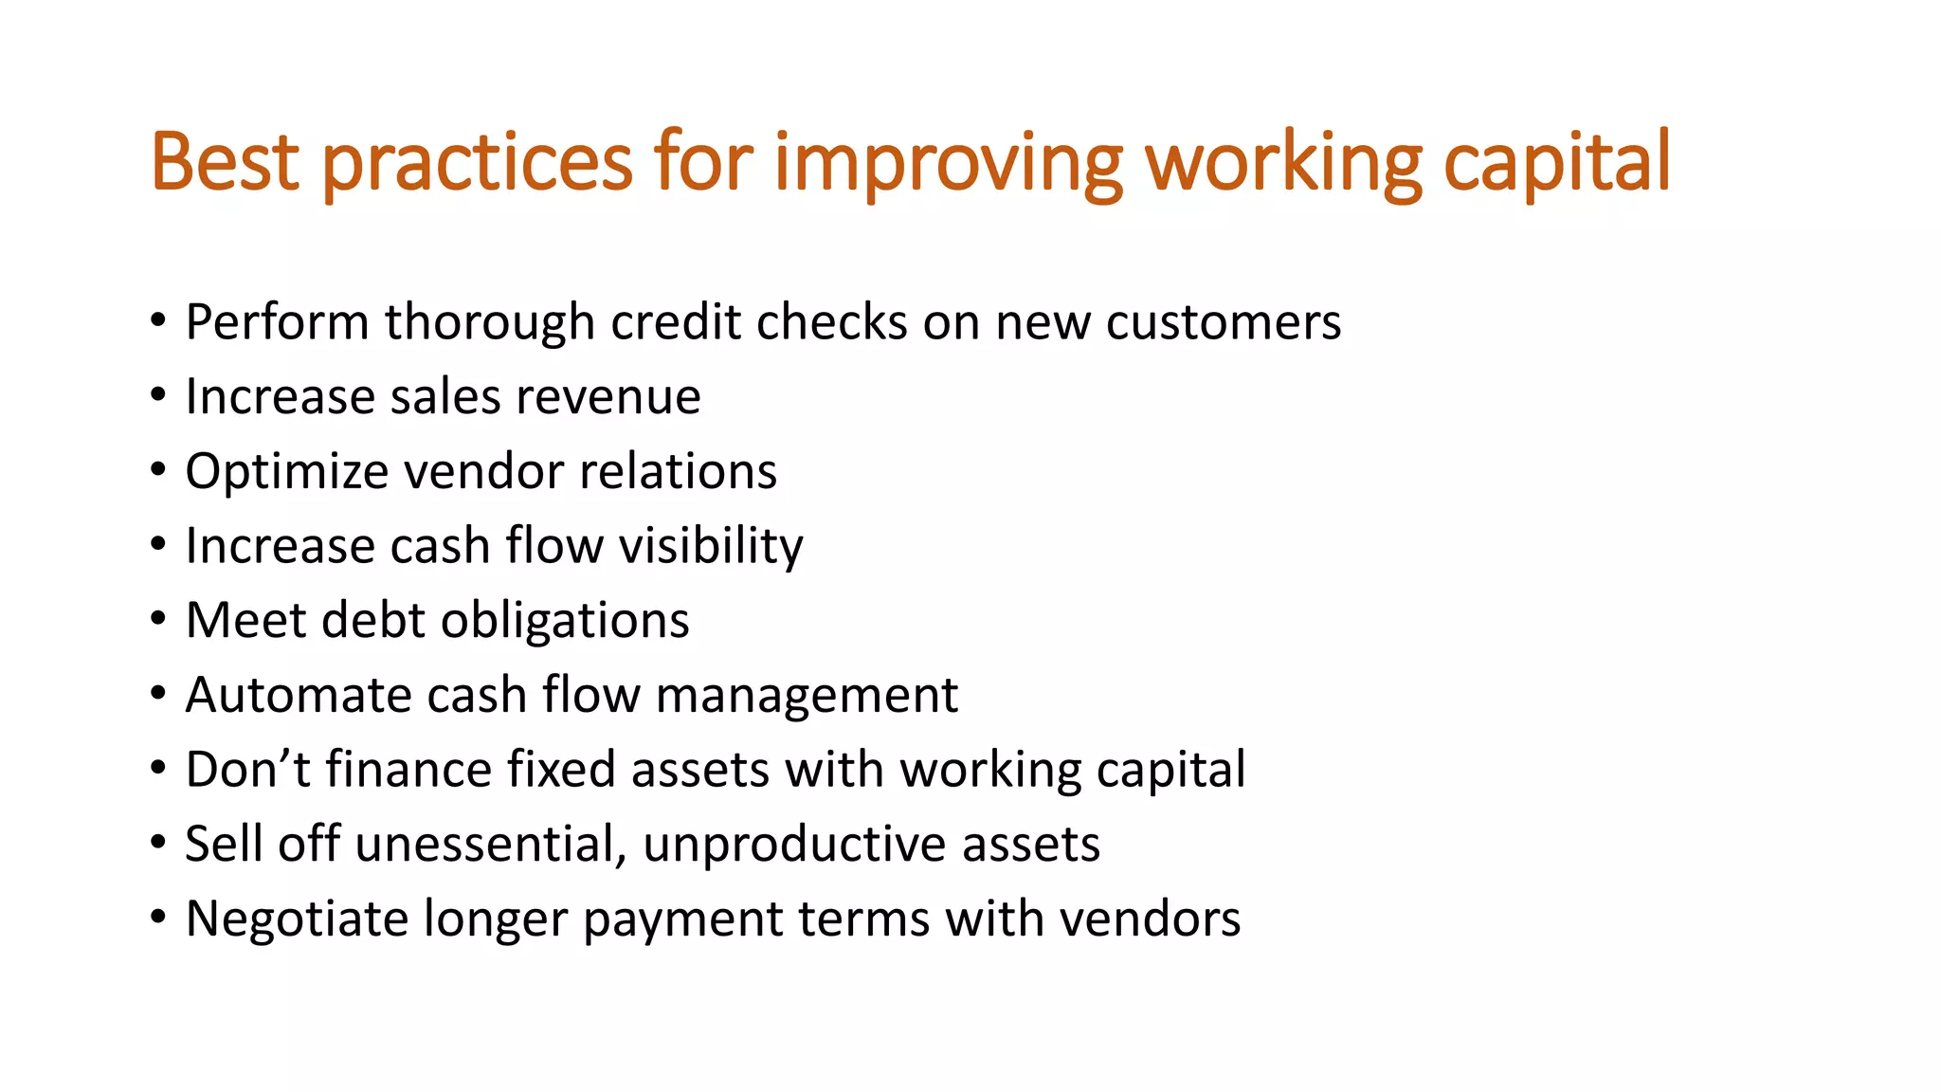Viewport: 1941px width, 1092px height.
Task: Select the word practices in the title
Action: tap(477, 163)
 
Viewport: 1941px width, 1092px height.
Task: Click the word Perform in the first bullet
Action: tap(277, 322)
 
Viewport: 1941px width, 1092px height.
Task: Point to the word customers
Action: tap(1223, 322)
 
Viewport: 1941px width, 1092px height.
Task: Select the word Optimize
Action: tap(286, 472)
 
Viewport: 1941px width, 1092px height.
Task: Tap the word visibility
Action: tap(711, 546)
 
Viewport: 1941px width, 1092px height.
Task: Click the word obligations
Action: tap(565, 621)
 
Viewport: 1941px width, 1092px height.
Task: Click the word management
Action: tap(807, 697)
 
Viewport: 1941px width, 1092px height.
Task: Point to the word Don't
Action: tap(247, 769)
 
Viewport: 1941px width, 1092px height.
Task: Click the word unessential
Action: tap(490, 844)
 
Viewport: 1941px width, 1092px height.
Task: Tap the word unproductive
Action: tap(794, 845)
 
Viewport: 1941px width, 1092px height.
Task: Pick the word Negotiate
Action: tap(297, 919)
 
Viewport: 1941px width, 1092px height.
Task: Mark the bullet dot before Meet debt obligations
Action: tap(157, 621)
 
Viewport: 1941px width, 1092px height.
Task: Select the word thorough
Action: tap(489, 322)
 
